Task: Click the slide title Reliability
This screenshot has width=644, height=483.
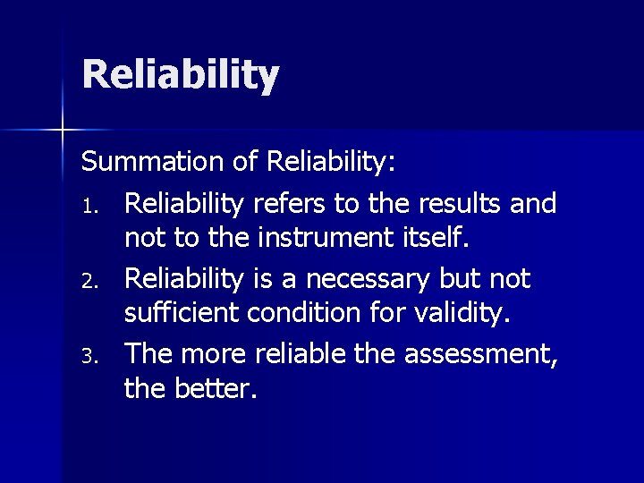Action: click(181, 75)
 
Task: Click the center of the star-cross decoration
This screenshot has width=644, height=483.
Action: click(63, 131)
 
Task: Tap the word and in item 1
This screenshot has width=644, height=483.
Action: click(533, 204)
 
